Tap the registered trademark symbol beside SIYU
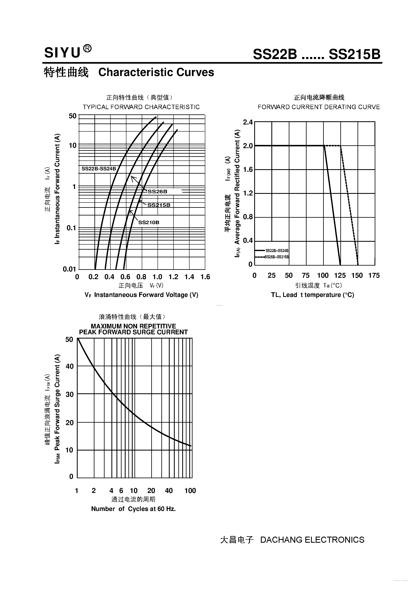(88, 49)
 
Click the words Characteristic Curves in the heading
(156, 72)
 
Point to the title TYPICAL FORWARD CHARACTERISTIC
(141, 107)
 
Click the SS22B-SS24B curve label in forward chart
(99, 169)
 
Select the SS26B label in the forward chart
(157, 191)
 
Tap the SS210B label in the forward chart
(149, 222)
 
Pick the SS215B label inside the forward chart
(159, 205)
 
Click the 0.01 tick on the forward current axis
(69, 269)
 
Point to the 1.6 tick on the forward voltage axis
(205, 277)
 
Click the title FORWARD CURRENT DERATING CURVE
(319, 107)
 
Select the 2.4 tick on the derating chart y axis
(248, 122)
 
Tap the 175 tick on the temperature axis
(374, 276)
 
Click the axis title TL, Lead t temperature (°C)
(312, 295)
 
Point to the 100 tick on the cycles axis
(190, 491)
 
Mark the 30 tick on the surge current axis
(70, 394)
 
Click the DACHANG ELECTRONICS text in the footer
(312, 540)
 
